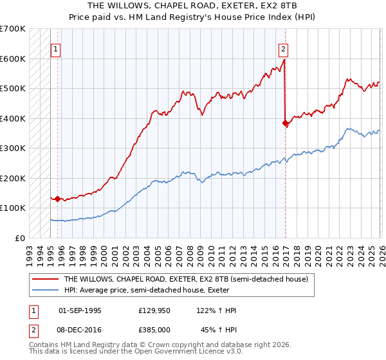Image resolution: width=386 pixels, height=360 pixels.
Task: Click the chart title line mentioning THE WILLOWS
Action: [193, 6]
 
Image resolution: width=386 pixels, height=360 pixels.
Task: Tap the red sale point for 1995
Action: [58, 199]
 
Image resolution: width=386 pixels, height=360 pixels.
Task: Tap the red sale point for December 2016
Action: [285, 123]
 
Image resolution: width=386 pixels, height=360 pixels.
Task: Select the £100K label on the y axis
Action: [13, 208]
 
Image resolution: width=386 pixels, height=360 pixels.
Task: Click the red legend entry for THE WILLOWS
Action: [186, 279]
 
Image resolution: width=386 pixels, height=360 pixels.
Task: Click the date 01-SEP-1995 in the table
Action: [80, 310]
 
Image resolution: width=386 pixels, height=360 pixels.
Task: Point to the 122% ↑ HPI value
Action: [216, 310]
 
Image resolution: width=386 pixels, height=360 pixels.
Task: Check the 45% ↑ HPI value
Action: [218, 330]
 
